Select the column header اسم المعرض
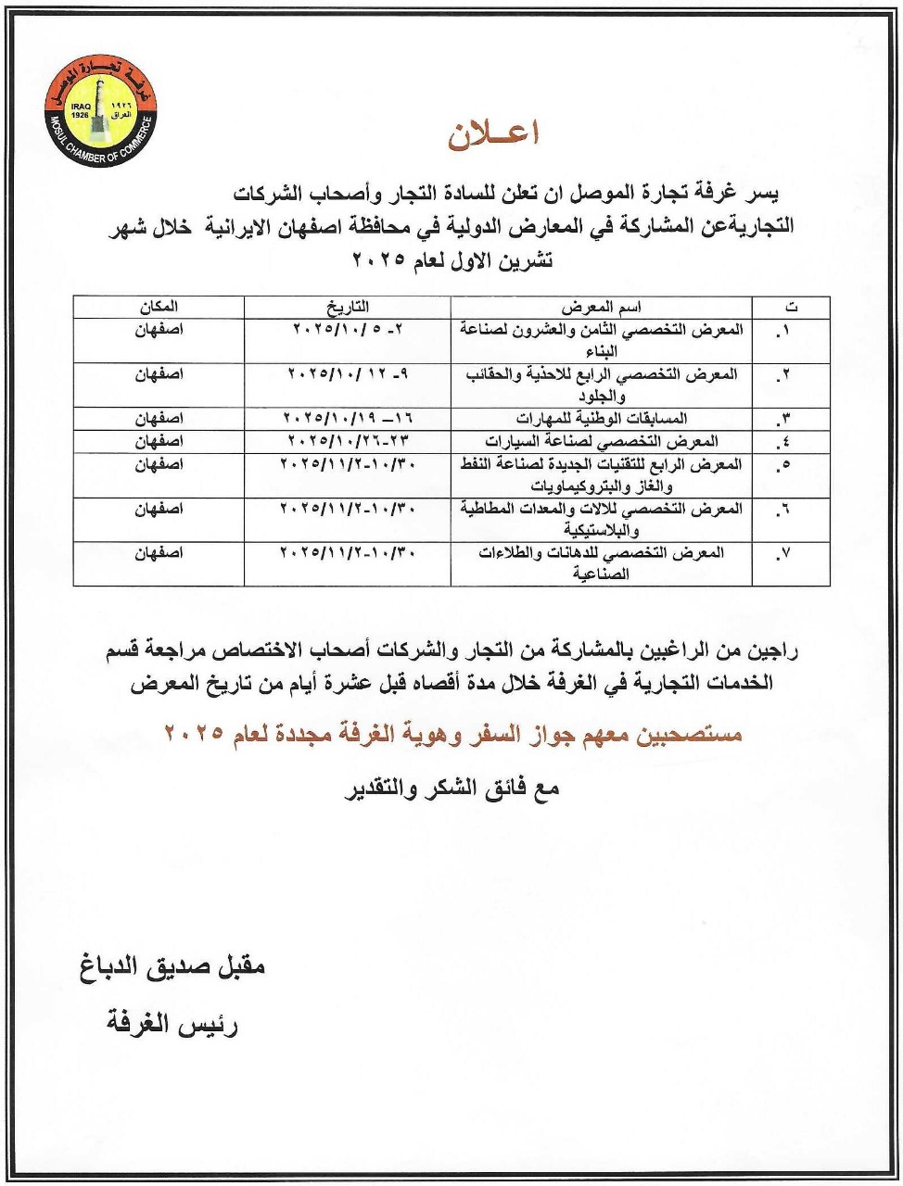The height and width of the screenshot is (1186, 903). [602, 307]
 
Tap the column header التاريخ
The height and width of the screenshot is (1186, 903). [347, 307]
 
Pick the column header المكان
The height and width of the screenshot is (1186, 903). [159, 307]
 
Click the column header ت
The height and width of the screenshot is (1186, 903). [790, 307]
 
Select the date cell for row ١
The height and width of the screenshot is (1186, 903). [347, 330]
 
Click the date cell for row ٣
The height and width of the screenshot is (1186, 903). [347, 418]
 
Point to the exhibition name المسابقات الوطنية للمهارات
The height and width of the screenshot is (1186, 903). [602, 418]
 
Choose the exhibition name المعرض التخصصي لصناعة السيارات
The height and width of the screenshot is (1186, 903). [602, 441]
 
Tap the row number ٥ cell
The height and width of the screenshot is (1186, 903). [790, 464]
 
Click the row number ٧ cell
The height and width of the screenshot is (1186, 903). [790, 553]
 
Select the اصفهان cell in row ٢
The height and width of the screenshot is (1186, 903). [159, 374]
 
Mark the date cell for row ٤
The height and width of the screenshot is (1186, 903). [347, 441]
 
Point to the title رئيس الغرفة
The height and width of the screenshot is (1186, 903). [173, 1026]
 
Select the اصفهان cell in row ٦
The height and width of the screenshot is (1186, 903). [159, 509]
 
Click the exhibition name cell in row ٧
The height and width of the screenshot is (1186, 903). [602, 563]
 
